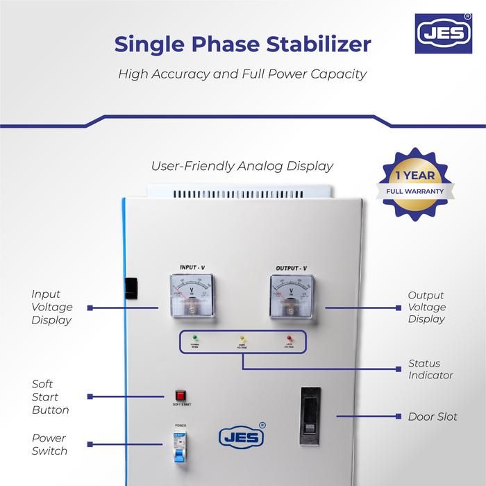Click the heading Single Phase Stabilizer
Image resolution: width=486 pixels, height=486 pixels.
[x=242, y=44]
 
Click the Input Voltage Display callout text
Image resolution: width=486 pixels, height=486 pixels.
[x=51, y=308]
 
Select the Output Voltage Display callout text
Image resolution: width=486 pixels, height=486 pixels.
[x=426, y=307]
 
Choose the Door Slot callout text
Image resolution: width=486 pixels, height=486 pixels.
[x=433, y=417]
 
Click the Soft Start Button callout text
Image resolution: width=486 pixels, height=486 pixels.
[x=51, y=396]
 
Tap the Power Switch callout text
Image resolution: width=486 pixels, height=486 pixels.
[x=49, y=444]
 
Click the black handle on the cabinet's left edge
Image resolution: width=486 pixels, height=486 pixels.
[x=130, y=288]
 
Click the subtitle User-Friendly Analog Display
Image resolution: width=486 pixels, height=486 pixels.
[x=242, y=166]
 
